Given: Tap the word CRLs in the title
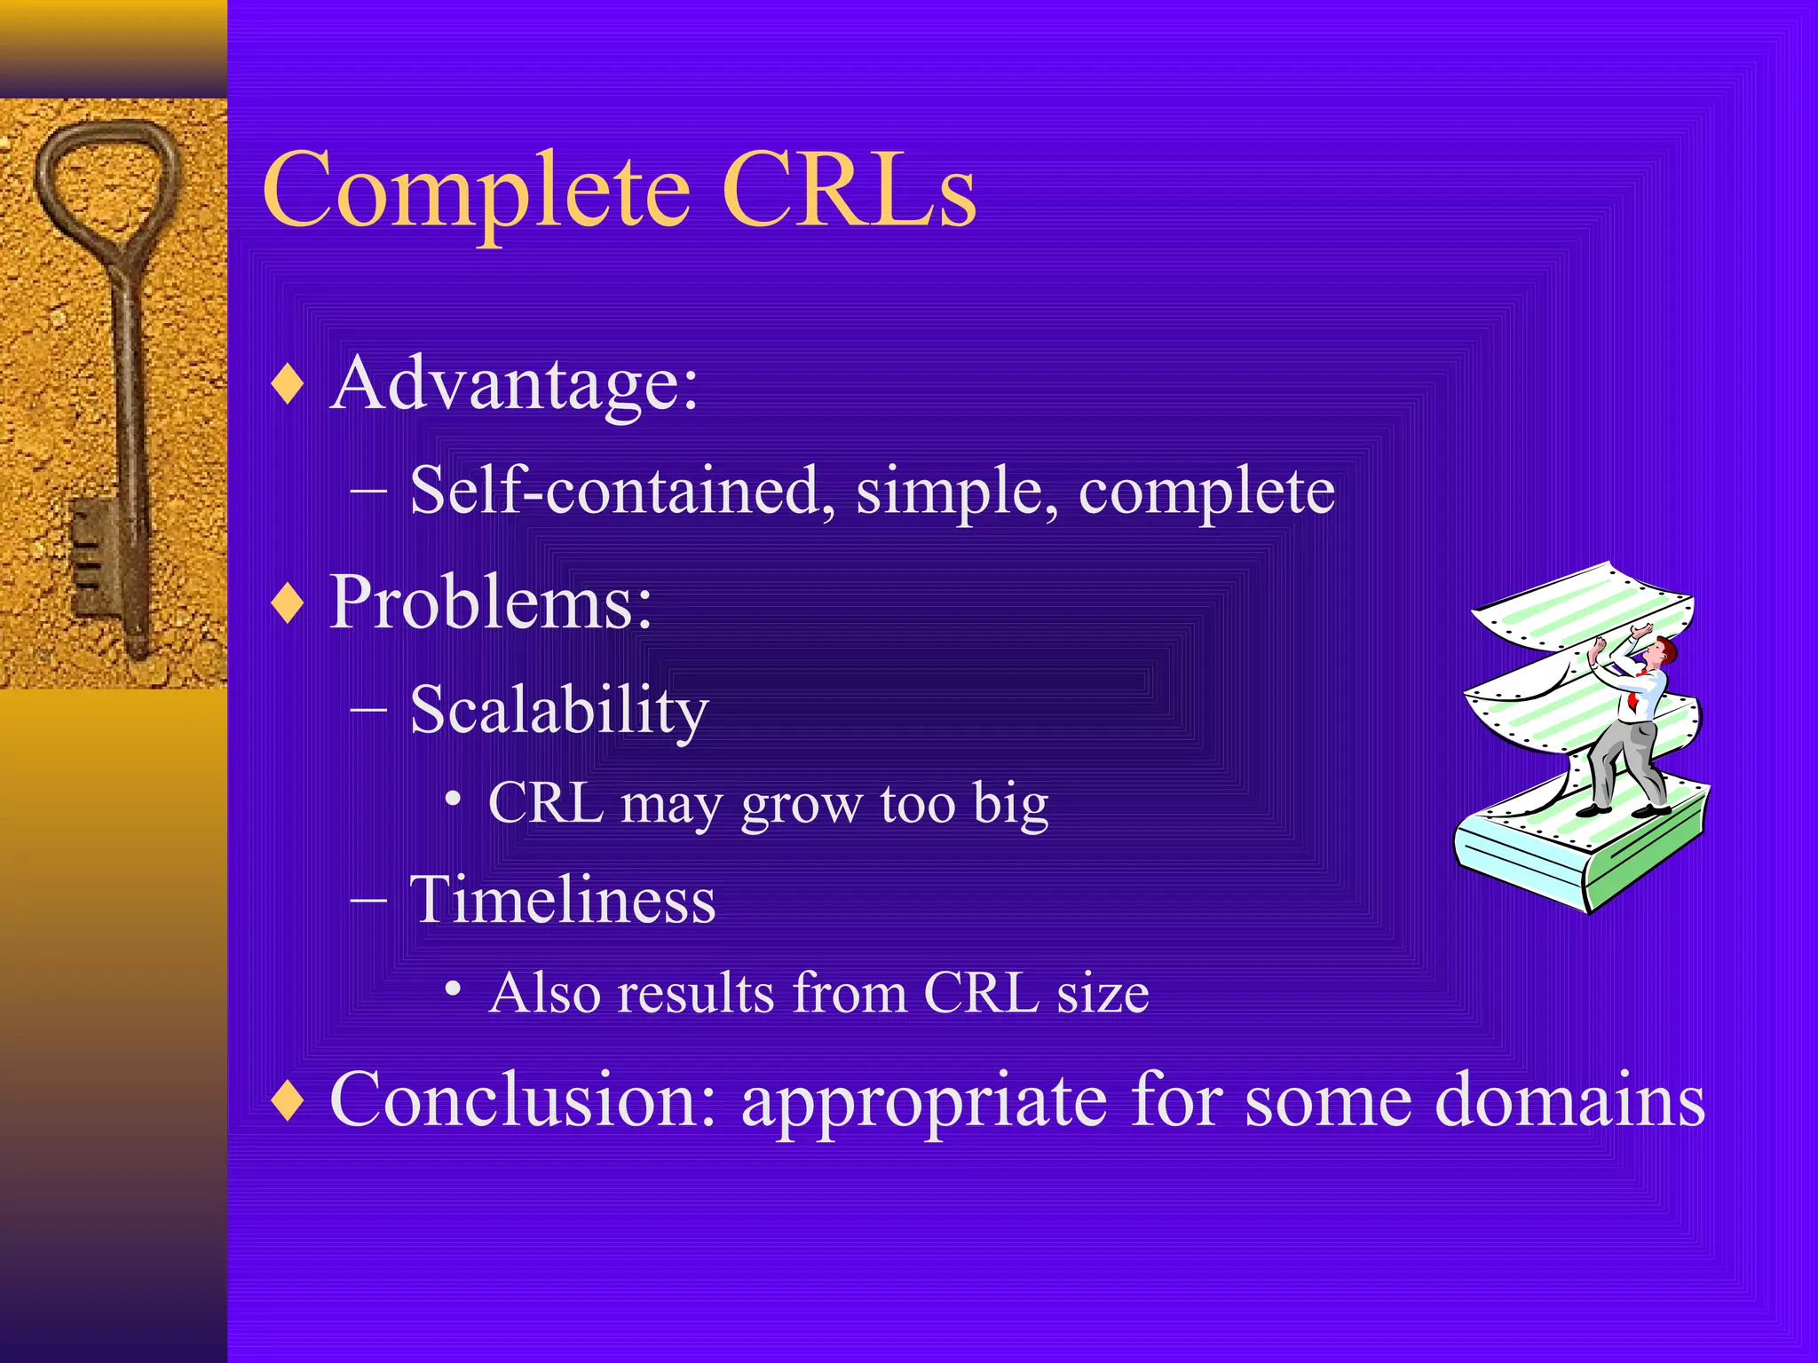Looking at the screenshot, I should point(849,190).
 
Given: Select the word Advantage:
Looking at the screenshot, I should point(514,385).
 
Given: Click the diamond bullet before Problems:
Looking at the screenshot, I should point(288,604).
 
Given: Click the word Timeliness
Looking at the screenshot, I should point(562,900).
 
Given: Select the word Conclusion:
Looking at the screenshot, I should point(523,1099).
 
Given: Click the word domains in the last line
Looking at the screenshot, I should point(1569,1099).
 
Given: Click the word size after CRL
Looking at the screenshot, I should point(1102,993).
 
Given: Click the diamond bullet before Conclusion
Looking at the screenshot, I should point(288,1101).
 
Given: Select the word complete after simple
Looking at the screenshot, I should point(1205,492).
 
